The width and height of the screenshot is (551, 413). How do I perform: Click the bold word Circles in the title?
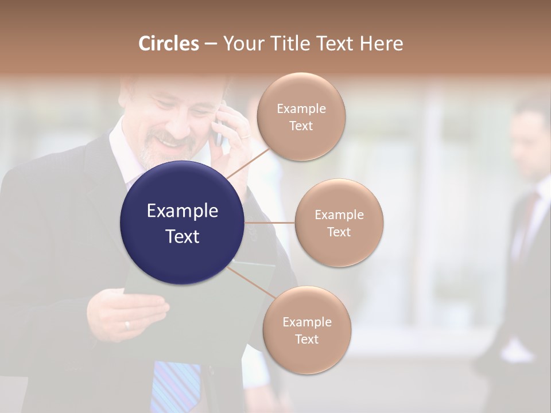tap(169, 44)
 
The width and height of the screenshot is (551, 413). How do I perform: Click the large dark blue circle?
tap(183, 223)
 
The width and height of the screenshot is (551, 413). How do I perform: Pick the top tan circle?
tap(301, 116)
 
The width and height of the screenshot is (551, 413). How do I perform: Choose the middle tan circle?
tap(339, 223)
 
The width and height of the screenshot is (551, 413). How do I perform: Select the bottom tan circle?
tap(306, 330)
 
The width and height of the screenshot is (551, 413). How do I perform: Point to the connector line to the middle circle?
tap(270, 223)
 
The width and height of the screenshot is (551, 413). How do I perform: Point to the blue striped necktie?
tap(176, 384)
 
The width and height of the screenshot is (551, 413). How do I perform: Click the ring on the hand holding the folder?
tap(127, 325)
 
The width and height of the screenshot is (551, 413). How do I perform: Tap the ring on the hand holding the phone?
tap(245, 137)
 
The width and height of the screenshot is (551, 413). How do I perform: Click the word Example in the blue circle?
tap(183, 211)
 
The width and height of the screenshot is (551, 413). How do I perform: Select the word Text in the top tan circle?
tap(301, 126)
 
